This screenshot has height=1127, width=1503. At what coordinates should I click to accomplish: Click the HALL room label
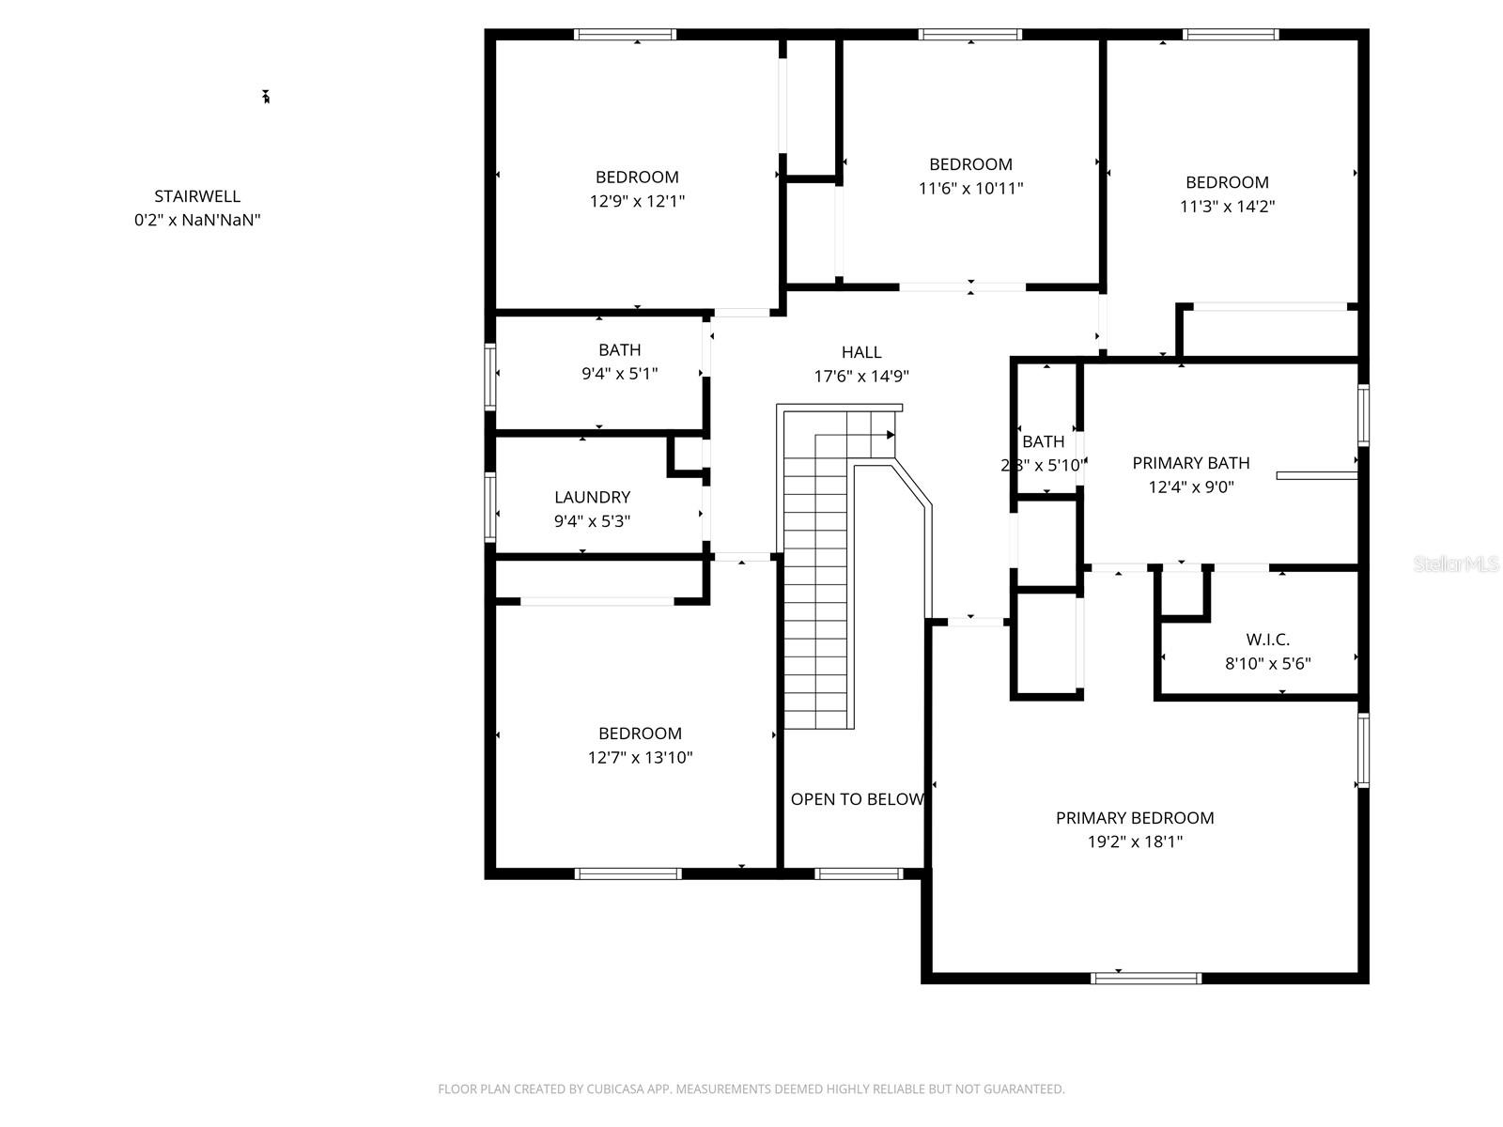tap(860, 352)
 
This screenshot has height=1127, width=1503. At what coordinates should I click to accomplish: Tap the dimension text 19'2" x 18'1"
tap(1135, 841)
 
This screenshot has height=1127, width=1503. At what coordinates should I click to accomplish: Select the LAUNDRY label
tap(592, 498)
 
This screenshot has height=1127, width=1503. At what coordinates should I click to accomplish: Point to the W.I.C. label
tap(1267, 640)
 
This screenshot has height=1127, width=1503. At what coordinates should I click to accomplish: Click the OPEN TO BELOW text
tap(857, 799)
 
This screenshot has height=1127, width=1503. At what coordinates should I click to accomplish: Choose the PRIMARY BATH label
tap(1190, 463)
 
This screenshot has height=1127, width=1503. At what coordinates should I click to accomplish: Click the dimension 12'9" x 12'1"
tap(637, 201)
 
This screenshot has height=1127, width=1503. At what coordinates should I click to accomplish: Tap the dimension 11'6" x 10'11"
tap(970, 188)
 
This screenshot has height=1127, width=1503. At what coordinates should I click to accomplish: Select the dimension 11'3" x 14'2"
tap(1227, 207)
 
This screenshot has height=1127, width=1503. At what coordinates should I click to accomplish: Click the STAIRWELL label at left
tap(197, 196)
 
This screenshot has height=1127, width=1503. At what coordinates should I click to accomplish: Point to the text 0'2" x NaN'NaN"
tap(197, 221)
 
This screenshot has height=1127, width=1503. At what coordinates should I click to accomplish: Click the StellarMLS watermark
tap(1455, 564)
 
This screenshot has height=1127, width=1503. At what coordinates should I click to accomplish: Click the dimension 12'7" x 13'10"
tap(640, 758)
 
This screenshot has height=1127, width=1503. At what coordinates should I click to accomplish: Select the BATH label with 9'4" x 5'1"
tap(619, 350)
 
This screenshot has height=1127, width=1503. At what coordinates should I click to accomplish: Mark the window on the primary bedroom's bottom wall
tap(1145, 978)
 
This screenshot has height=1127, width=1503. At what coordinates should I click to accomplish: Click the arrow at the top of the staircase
tap(888, 435)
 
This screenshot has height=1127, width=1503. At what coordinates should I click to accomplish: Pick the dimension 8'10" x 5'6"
tap(1267, 664)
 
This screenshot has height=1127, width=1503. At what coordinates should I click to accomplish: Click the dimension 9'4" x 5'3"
tap(592, 521)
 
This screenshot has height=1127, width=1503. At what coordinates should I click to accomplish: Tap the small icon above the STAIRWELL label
tap(266, 97)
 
